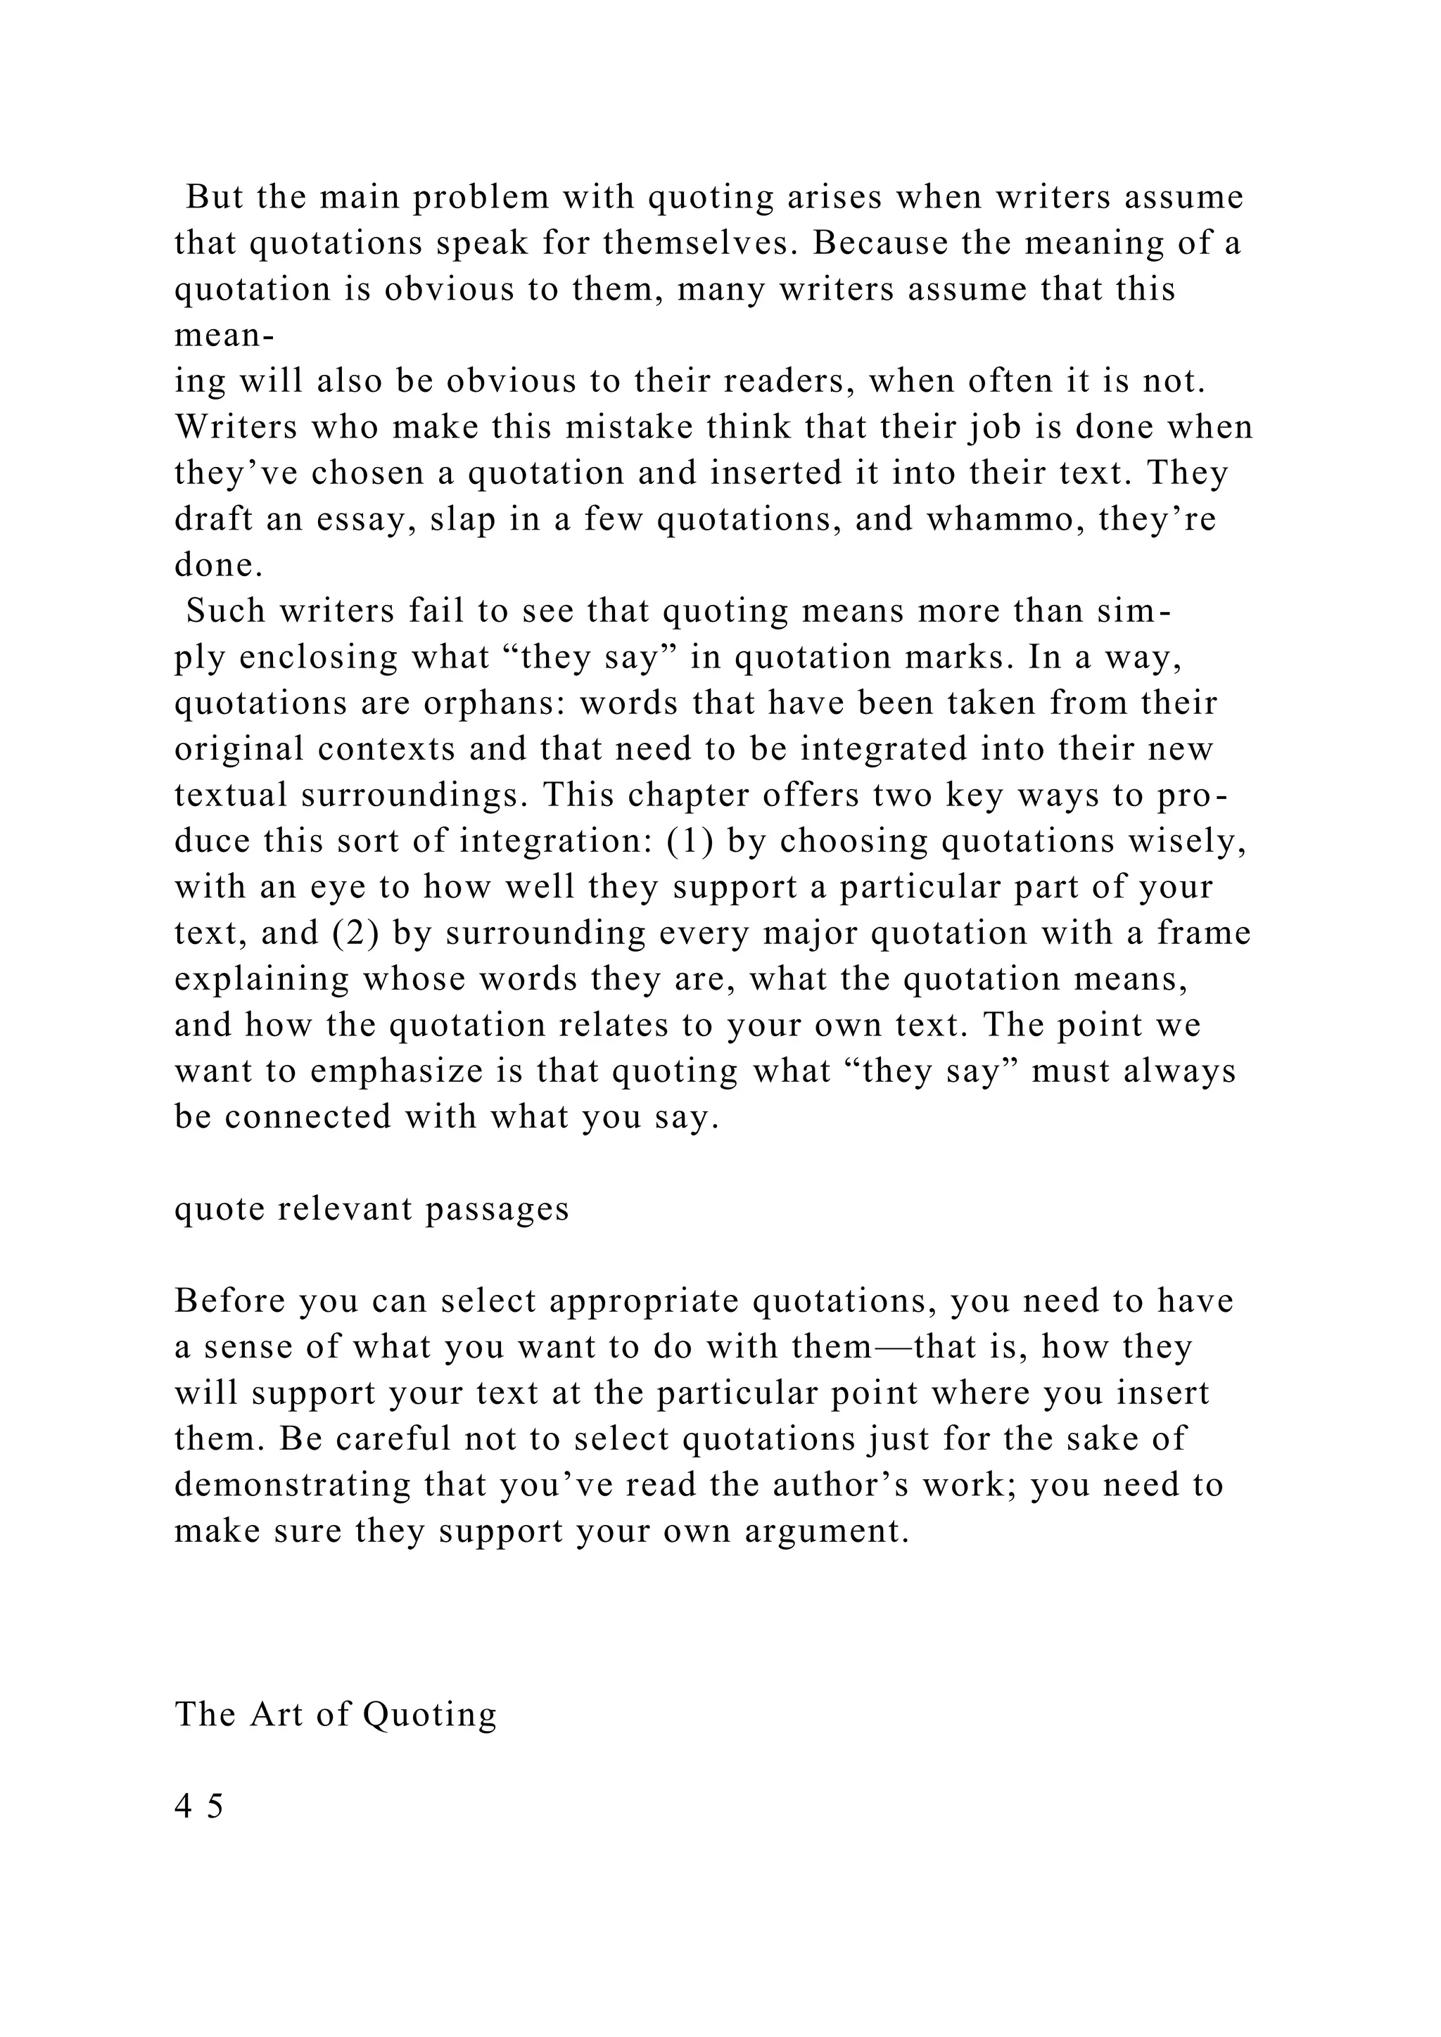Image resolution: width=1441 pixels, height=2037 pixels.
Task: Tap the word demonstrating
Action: pos(293,1485)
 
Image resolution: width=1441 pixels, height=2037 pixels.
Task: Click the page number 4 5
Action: pos(200,1806)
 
